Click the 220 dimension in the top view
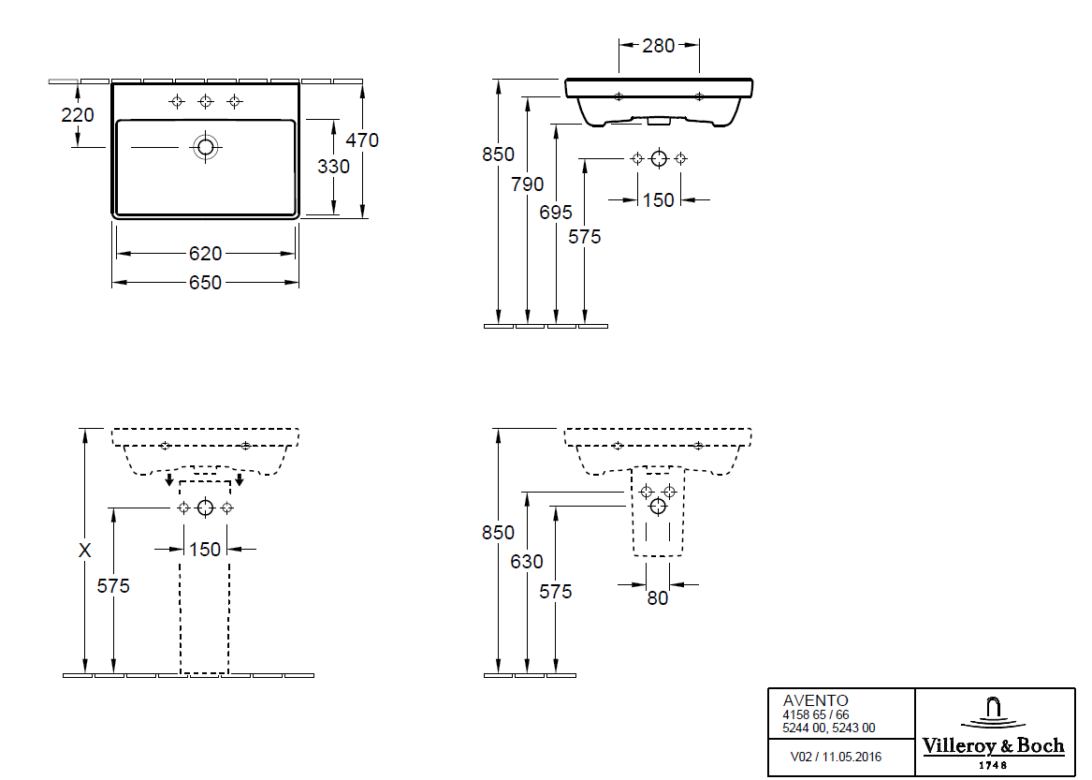[78, 115]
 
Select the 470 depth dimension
[362, 140]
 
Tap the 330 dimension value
[333, 167]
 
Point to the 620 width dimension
[206, 254]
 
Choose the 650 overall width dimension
[206, 282]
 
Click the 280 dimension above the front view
[659, 45]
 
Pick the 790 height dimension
[527, 184]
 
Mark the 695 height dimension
[556, 213]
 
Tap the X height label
[85, 551]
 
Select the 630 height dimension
[527, 562]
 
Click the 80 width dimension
[658, 598]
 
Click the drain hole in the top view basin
[205, 147]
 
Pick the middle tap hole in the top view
[205, 101]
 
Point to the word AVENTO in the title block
[815, 700]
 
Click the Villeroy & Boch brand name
[994, 746]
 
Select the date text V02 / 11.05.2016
[836, 757]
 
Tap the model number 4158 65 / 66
[816, 714]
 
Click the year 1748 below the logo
[994, 765]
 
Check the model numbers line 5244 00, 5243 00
[829, 728]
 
